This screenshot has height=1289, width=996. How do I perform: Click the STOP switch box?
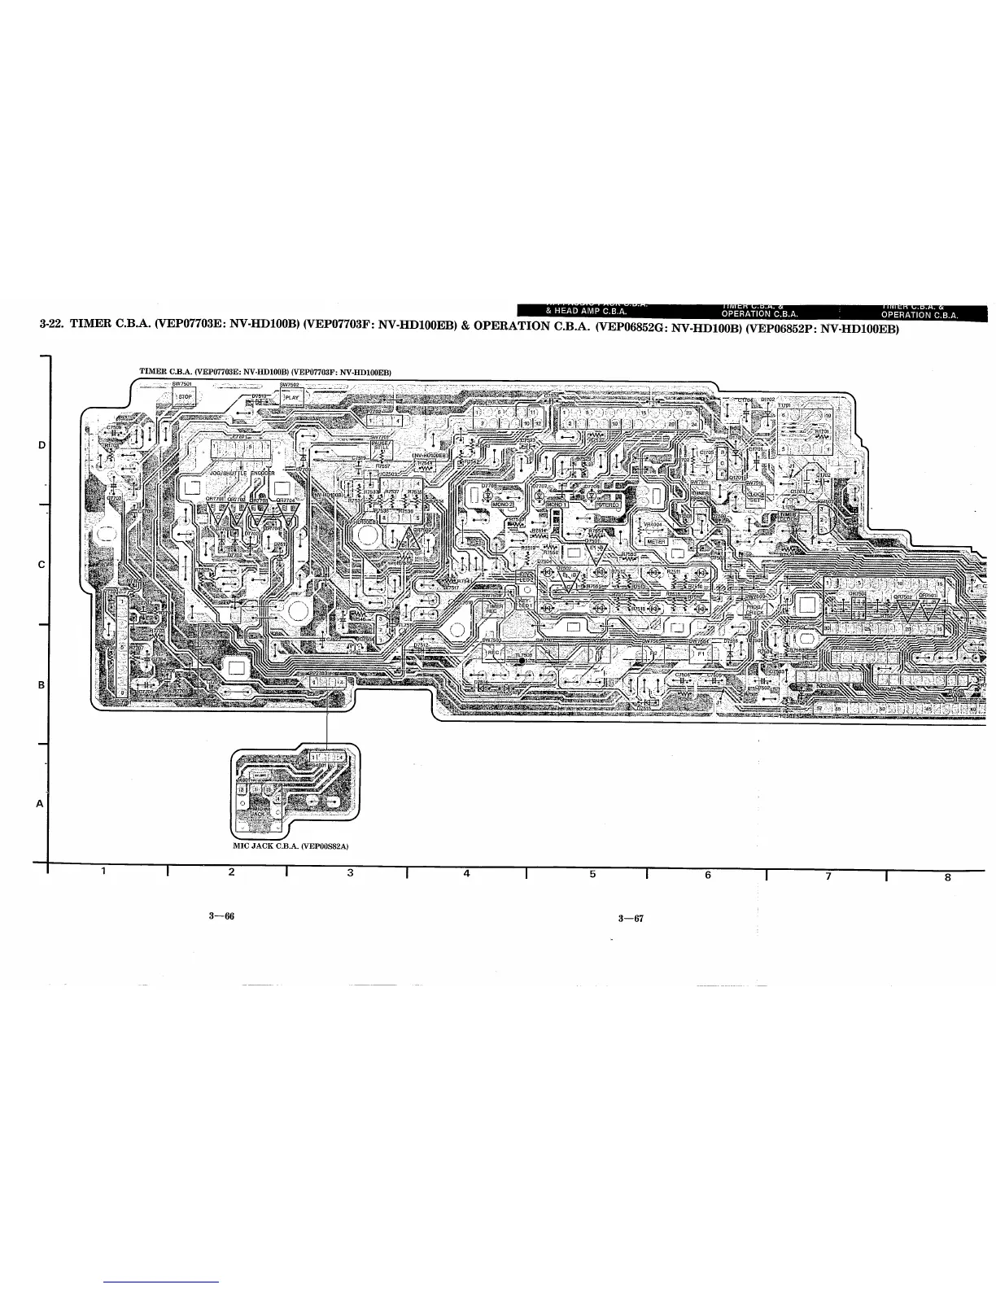coord(184,398)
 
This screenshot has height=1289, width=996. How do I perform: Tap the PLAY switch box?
coord(291,398)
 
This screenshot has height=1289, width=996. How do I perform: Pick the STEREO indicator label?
coord(606,505)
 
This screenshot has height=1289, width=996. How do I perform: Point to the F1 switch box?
coord(699,653)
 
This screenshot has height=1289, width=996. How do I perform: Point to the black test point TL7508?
coord(522,661)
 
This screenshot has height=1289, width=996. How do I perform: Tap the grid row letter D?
coord(41,445)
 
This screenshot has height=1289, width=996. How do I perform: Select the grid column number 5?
coord(592,875)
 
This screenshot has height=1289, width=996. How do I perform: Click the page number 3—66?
coord(221,916)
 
